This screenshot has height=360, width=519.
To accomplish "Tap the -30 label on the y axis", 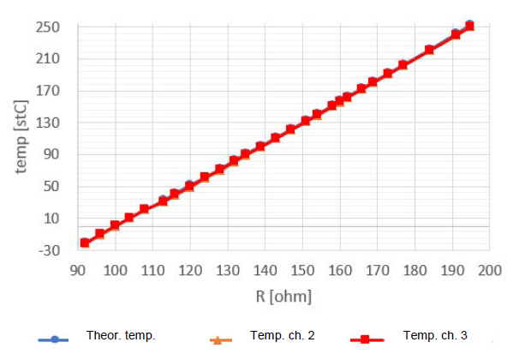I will click(46, 250).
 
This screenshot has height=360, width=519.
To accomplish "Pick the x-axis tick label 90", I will click(77, 271).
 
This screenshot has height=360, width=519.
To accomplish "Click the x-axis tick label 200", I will click(489, 271).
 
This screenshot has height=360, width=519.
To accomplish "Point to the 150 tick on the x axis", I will click(302, 271).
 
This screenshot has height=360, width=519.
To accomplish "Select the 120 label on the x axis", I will click(189, 271).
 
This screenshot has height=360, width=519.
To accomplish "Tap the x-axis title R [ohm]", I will click(283, 297).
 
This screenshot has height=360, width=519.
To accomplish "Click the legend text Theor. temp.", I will click(121, 335).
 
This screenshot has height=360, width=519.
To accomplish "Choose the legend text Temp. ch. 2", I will click(283, 335).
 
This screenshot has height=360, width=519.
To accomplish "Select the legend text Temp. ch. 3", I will click(435, 335).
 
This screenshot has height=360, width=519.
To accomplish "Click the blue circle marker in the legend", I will click(54, 340).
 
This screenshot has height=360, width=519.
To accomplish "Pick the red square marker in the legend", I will click(365, 340).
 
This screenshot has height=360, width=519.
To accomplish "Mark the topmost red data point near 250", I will click(469, 27).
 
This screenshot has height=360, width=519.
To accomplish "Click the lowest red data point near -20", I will click(85, 243).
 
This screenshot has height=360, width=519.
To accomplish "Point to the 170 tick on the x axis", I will click(377, 271).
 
